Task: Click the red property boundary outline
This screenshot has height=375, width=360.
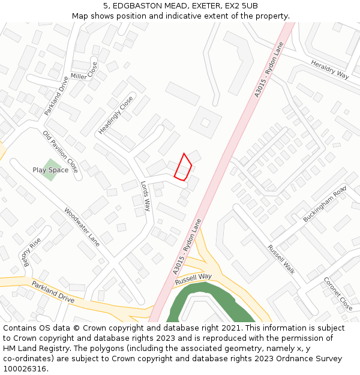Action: click(x=183, y=167)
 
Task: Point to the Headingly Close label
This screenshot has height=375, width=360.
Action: click(x=116, y=115)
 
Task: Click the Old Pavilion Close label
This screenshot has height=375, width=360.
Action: click(x=60, y=152)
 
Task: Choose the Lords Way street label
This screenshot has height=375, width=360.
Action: click(x=146, y=196)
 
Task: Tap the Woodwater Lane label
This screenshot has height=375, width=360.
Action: click(x=82, y=227)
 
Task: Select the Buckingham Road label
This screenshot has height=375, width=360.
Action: click(x=325, y=204)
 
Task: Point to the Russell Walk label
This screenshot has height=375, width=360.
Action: click(x=281, y=259)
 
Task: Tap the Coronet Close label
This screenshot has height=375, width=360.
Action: click(x=338, y=293)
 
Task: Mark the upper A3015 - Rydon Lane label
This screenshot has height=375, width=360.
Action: click(x=268, y=74)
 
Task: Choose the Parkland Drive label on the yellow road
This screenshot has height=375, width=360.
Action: click(x=53, y=292)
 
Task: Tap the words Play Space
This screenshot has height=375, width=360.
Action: click(x=50, y=170)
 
